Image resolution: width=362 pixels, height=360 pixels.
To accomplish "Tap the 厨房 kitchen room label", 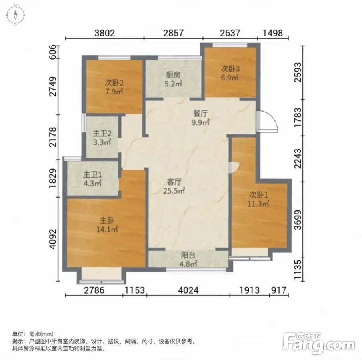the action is (x=173, y=75).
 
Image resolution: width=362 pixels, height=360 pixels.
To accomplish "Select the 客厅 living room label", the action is (x=174, y=182).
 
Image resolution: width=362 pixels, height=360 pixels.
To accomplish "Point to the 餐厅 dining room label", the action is (x=200, y=113).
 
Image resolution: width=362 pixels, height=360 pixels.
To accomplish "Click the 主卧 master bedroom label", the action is (x=107, y=220).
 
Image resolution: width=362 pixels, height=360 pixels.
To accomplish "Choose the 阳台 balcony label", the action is (x=188, y=255).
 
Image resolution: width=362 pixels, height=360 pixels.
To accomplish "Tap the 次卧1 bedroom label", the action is (x=258, y=195).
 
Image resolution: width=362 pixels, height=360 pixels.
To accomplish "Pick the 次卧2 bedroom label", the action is (x=114, y=83).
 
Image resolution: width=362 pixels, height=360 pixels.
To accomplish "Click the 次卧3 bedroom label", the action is (x=230, y=68).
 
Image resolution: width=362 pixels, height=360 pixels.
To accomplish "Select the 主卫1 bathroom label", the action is (x=92, y=174).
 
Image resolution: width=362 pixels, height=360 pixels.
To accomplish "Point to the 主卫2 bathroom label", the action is (x=102, y=134).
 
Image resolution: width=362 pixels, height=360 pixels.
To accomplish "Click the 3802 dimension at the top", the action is (x=104, y=33).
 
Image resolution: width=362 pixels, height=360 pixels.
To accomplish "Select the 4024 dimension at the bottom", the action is (x=188, y=290).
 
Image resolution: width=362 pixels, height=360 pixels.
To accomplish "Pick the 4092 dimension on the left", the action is (x=53, y=239).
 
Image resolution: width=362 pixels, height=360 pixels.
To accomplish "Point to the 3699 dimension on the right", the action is (x=298, y=220).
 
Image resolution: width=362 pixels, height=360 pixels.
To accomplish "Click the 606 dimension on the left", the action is (x=53, y=52).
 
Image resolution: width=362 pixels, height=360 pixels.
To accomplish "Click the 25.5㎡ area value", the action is (x=174, y=191).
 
